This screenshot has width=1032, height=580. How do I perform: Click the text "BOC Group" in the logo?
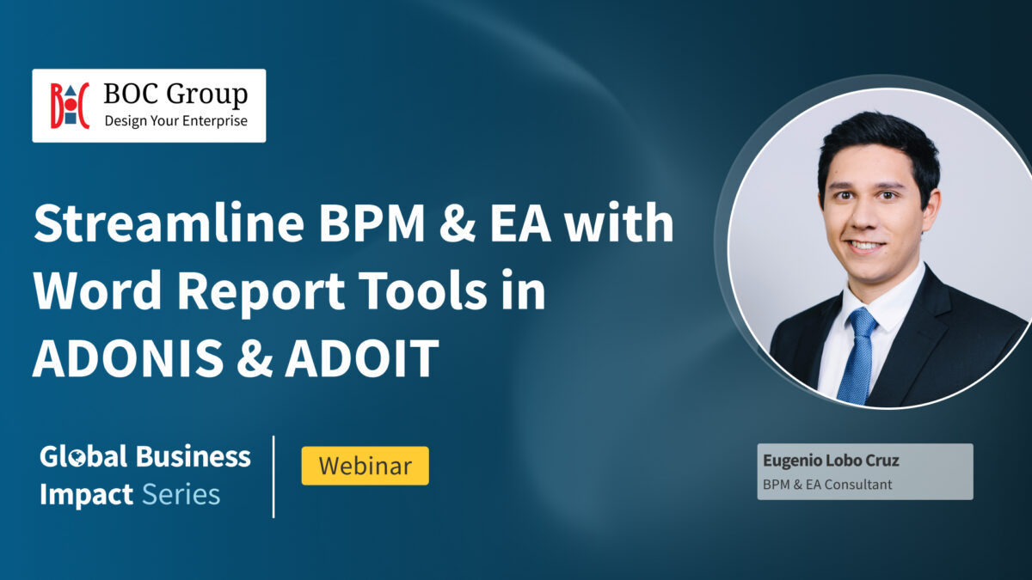(175, 94)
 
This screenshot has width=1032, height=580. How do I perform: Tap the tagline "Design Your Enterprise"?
(175, 120)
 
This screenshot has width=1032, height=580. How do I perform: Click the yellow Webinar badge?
(365, 466)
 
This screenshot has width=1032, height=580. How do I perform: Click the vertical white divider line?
(273, 477)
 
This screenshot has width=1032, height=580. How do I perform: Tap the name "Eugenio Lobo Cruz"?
(831, 461)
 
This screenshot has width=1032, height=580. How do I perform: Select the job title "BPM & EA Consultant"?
(827, 485)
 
